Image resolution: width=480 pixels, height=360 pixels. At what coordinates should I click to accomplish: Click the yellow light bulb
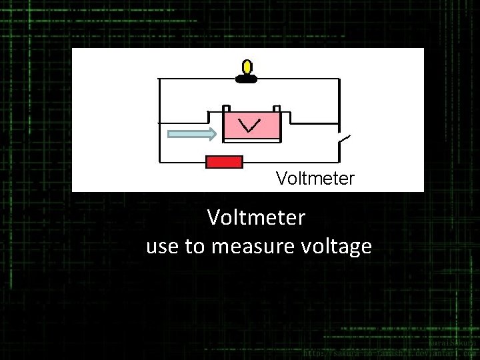coord(247,67)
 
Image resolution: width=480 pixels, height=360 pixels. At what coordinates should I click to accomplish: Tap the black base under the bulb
coord(247,79)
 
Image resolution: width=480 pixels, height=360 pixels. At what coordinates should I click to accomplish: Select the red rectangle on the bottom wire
coord(224,162)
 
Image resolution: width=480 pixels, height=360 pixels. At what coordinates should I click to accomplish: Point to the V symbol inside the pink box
coord(249,125)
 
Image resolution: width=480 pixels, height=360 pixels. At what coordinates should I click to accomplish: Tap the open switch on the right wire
coord(344,140)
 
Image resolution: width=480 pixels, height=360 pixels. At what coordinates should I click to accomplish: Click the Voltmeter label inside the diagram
coord(315,179)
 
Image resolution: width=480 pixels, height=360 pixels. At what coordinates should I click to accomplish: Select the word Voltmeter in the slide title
coord(256,217)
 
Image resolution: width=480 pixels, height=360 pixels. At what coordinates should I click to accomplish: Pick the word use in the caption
coord(163,247)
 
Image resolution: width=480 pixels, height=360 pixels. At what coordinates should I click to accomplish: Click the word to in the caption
coord(195,247)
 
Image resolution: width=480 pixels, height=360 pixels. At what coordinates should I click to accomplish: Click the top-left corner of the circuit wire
coord(159,79)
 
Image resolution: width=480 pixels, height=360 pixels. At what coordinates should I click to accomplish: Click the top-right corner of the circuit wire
coord(339,79)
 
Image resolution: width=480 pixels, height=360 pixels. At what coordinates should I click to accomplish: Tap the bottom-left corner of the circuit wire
coord(159,162)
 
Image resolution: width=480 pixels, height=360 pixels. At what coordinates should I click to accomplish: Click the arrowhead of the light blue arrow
coord(211,135)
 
